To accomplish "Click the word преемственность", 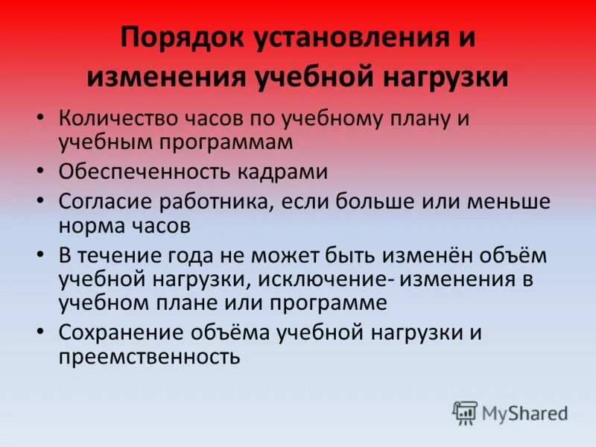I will [149, 356].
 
